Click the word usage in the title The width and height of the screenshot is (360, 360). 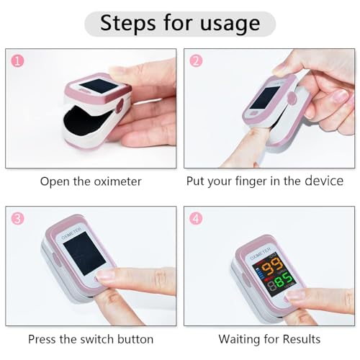pos(228,23)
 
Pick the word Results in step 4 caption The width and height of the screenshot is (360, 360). pos(300,338)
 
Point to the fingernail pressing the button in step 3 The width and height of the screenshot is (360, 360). pos(107,274)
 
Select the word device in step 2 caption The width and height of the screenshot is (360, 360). pos(324,181)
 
